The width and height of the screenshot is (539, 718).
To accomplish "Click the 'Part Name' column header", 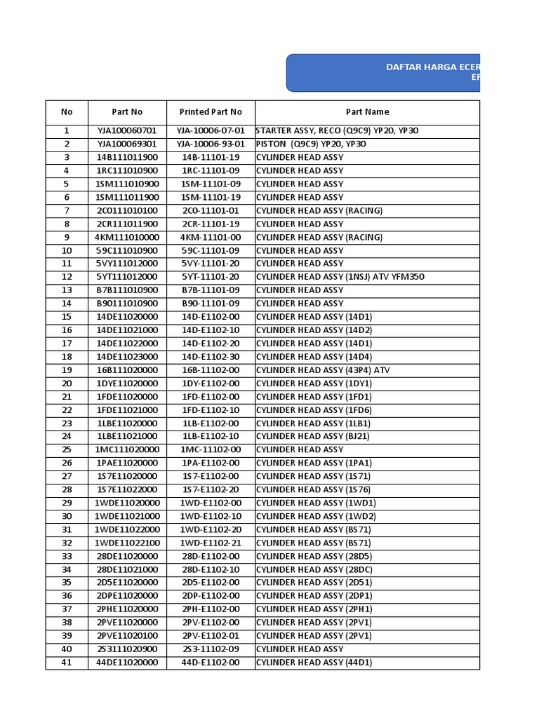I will (x=367, y=112).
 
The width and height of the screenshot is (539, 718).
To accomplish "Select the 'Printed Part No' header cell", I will (x=211, y=112).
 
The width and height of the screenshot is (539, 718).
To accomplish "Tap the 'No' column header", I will (x=67, y=112).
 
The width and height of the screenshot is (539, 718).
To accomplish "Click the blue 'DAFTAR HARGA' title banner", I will (x=383, y=73).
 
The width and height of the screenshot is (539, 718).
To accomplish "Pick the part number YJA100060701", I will (x=127, y=131).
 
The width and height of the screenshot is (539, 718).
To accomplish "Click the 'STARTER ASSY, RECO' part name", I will (x=337, y=131).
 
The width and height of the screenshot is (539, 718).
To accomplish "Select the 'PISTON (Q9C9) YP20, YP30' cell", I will (x=311, y=144).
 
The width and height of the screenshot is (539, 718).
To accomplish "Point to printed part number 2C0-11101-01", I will (x=211, y=211).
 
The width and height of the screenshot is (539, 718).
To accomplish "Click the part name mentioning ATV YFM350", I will (x=340, y=277).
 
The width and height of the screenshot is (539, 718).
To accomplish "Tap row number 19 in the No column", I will (x=67, y=370).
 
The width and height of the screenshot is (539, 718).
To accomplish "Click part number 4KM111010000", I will (x=127, y=238).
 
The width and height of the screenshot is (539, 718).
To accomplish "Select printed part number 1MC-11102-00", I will (x=211, y=450).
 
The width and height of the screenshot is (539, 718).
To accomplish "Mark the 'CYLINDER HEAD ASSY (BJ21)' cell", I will (x=312, y=437).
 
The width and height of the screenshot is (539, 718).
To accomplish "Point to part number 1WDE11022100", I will (x=127, y=543).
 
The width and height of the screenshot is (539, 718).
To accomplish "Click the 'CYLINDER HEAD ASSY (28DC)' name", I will (x=314, y=570).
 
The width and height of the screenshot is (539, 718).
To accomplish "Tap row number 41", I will (x=67, y=663).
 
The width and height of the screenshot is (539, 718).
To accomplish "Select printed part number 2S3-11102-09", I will (x=211, y=649).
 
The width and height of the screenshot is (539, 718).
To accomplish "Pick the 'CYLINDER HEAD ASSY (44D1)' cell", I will (x=314, y=663).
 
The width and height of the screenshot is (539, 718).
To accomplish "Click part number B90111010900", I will (x=127, y=304).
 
